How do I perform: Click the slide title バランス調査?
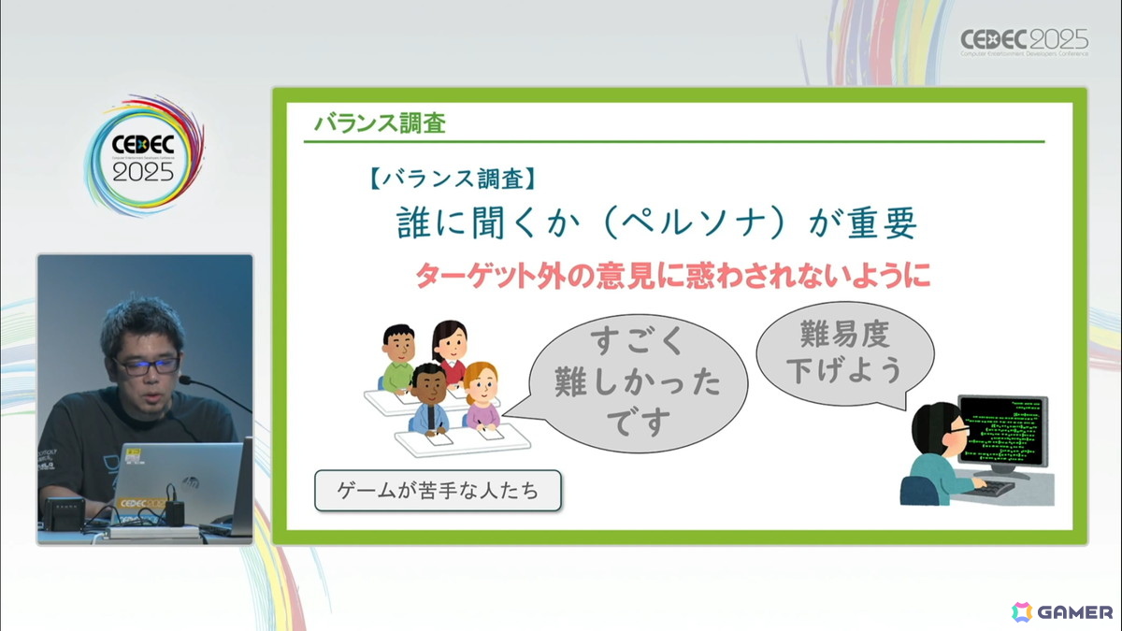379,122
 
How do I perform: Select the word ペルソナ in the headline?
683,224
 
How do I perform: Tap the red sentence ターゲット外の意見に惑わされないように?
672,275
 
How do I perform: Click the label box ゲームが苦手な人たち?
438,490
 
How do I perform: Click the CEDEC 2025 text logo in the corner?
1025,41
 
